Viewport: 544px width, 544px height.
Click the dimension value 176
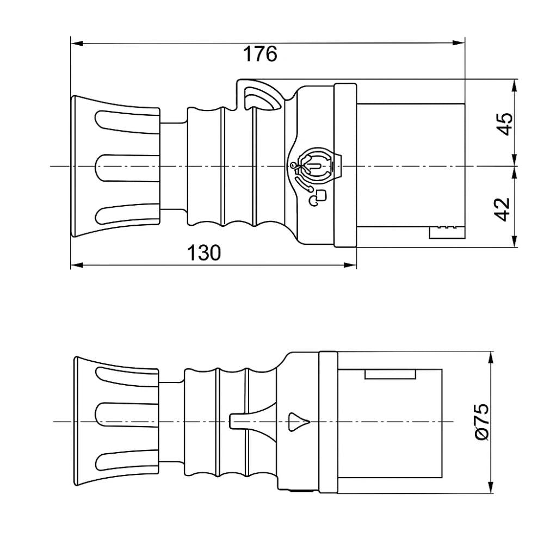click(259, 54)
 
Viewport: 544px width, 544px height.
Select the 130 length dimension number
click(204, 253)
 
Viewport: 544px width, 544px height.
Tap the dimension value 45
click(505, 124)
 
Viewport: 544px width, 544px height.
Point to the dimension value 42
click(505, 209)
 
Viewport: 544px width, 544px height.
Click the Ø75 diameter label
click(481, 422)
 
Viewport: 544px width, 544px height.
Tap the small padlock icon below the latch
click(319, 197)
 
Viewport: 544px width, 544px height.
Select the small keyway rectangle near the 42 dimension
click(447, 232)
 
